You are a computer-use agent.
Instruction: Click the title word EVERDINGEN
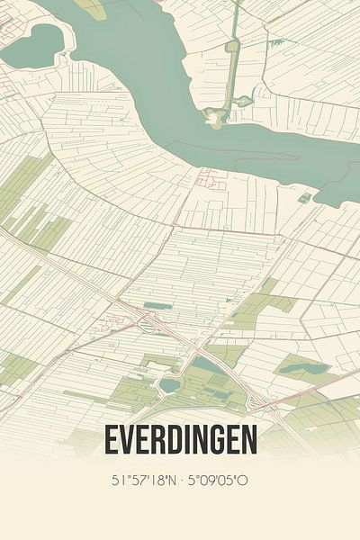coord(180,440)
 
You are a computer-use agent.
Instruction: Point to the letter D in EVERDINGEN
coord(172,440)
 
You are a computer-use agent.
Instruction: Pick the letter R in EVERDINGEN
coord(157,440)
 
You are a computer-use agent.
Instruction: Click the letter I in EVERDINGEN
coord(184,440)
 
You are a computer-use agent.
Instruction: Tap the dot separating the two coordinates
coord(182,481)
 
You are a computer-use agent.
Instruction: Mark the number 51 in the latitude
coord(119,481)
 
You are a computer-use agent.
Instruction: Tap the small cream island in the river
coord(216,115)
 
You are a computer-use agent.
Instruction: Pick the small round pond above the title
coord(168,385)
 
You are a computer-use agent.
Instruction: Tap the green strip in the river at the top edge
coord(90,7)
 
